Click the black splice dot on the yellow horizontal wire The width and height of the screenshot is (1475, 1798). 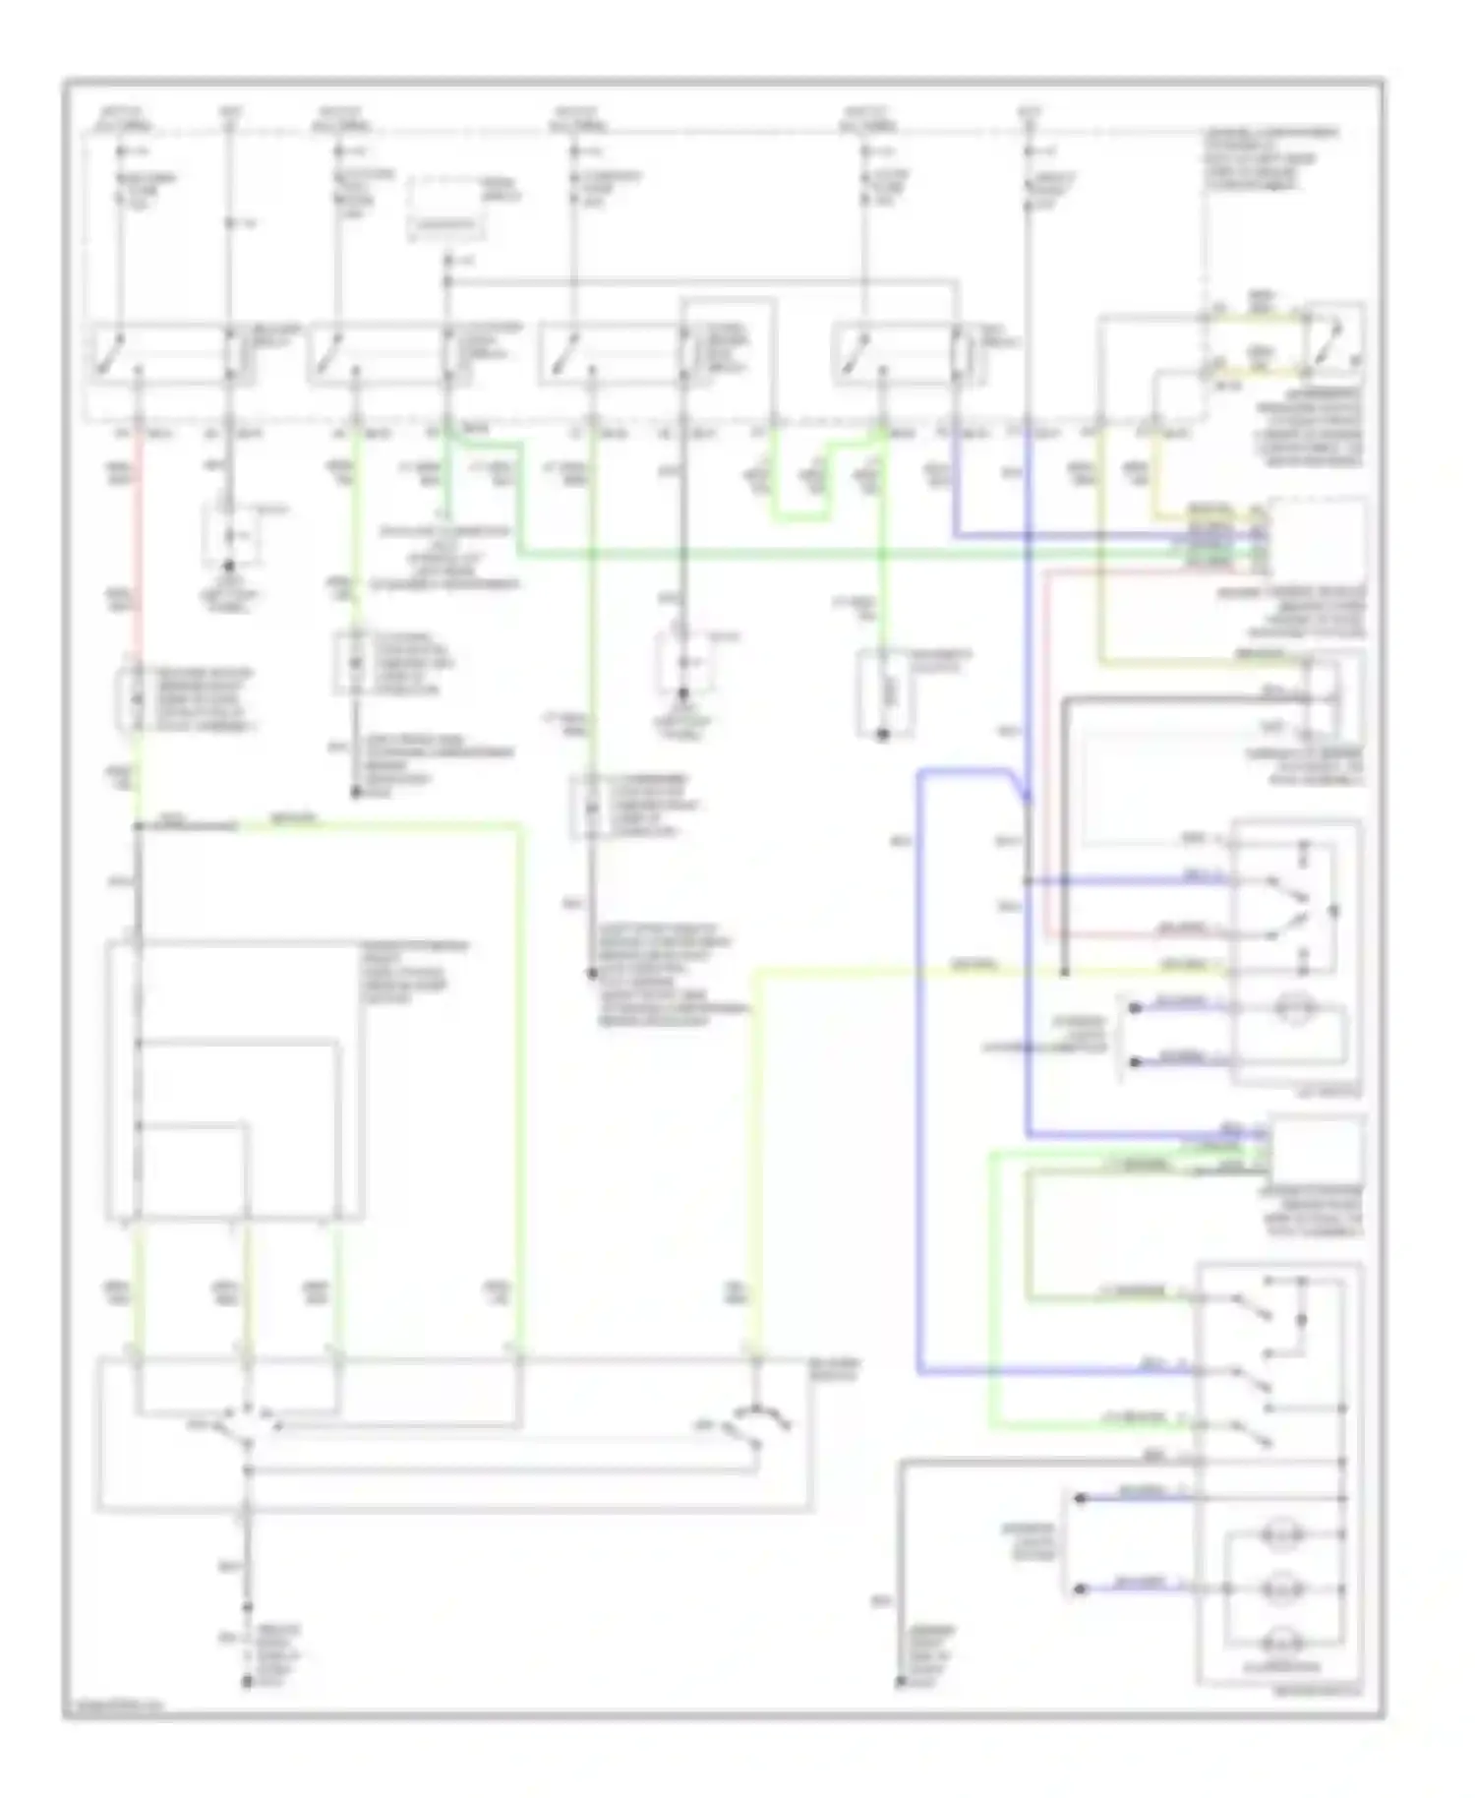pos(1064,974)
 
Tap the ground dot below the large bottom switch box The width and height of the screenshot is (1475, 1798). pos(247,1683)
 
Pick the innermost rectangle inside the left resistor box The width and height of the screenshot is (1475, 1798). pos(192,1170)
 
